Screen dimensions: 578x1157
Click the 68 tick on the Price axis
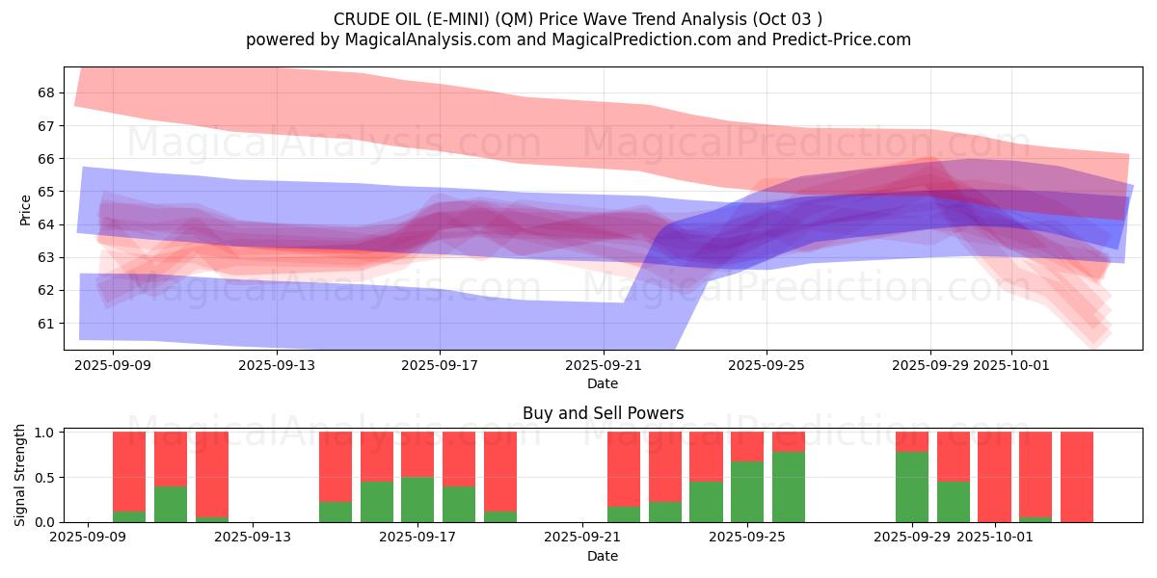pos(46,93)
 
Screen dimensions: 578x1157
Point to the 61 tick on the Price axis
pos(46,323)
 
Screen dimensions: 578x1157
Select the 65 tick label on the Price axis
pos(46,192)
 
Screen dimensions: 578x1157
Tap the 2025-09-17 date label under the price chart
pos(440,365)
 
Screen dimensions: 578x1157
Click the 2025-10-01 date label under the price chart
pos(1011,365)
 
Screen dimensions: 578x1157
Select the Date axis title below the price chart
pos(603,383)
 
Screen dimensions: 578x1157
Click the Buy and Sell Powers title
pos(603,413)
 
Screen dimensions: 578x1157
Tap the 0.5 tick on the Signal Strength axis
pos(46,478)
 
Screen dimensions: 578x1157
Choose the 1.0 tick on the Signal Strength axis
pos(46,433)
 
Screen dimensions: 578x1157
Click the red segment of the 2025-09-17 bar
pos(417,454)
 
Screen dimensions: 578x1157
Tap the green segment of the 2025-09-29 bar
pos(912,486)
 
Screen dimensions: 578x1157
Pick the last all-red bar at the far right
pos(1077,477)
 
